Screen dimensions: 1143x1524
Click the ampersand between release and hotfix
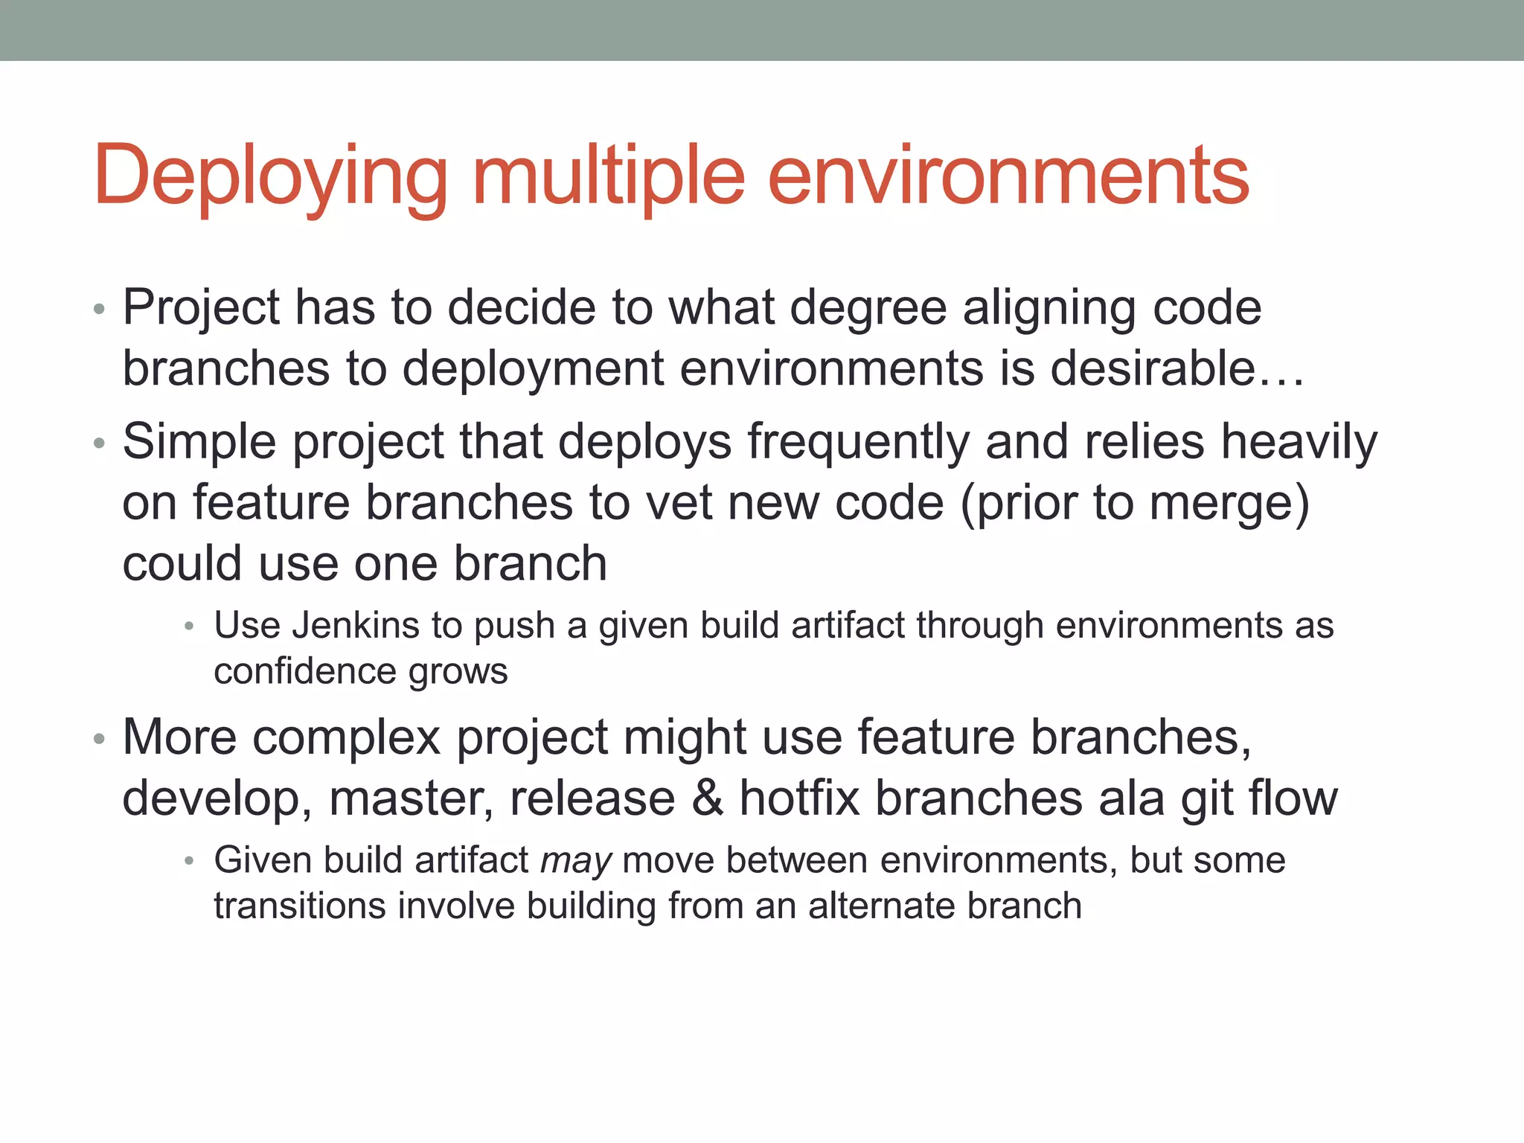click(x=707, y=798)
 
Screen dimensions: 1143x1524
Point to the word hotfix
click(x=800, y=798)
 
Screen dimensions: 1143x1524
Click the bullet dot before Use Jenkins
click(x=189, y=627)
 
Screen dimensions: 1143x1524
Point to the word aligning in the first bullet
click(x=1049, y=308)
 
